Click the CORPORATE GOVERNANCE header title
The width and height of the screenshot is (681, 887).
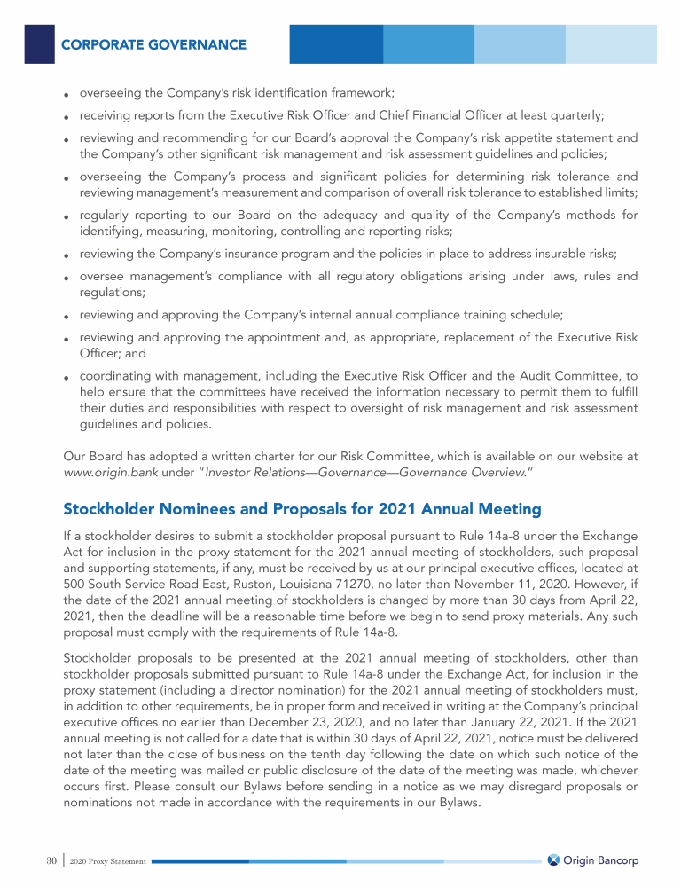point(153,44)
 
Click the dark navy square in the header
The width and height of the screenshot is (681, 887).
point(40,43)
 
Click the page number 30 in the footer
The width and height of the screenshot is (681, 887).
point(51,861)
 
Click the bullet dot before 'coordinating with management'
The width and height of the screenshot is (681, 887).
point(67,377)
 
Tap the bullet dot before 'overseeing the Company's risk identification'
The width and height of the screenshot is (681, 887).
point(67,94)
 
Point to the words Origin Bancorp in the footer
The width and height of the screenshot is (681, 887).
point(601,860)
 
